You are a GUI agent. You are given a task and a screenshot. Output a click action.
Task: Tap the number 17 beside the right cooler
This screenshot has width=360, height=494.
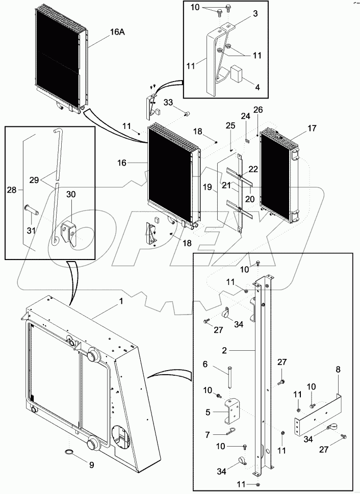coord(312,129)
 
